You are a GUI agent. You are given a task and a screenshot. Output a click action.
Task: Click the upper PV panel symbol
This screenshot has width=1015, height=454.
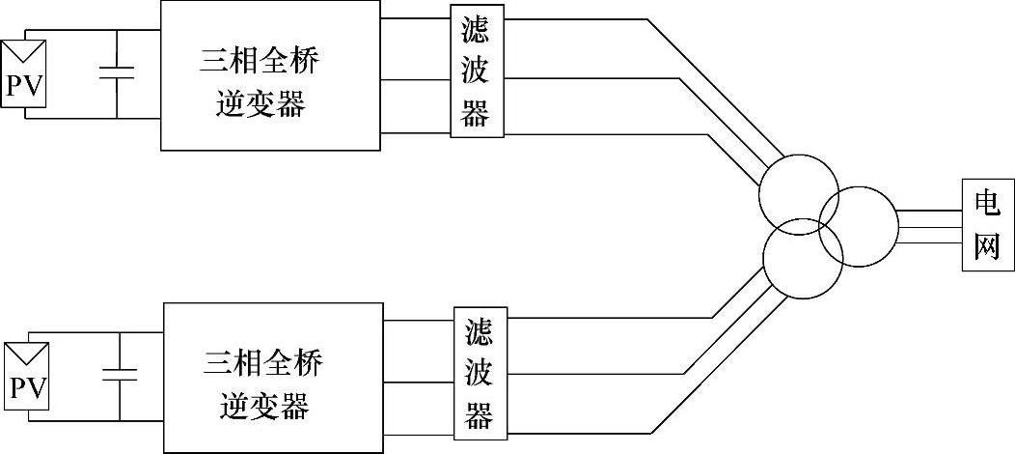[25, 74]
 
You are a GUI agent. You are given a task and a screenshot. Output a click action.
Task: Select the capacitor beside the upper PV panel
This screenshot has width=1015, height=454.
[117, 73]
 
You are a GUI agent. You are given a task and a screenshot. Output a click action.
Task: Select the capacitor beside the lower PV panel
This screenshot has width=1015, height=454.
[120, 375]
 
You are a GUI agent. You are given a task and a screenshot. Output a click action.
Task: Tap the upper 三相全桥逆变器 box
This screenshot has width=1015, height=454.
[269, 75]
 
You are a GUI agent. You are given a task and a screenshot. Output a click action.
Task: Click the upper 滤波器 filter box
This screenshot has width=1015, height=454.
[477, 72]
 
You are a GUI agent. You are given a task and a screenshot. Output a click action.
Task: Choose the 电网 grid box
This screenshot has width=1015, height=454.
[988, 224]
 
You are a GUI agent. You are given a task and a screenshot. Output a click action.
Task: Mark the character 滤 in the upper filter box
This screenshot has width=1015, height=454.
[477, 29]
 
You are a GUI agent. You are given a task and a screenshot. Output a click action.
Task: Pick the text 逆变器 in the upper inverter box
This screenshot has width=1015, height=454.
[260, 103]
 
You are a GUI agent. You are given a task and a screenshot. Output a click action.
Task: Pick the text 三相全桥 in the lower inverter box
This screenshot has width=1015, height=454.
[263, 364]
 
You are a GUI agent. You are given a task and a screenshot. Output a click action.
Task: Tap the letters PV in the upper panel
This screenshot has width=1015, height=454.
[25, 88]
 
